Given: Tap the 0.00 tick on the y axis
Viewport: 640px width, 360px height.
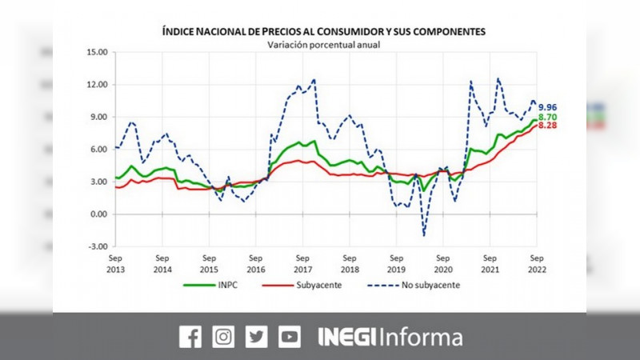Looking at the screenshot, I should pos(98,214).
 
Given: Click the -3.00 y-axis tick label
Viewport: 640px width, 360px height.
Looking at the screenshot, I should pos(97,246).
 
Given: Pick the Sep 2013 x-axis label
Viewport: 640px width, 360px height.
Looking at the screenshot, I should pos(115,264).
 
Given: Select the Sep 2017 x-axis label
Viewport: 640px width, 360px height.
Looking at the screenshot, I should pos(302,264).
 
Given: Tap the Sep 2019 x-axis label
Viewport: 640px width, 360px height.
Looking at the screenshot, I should pos(395,264).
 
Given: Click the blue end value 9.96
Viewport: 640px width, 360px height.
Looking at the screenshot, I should pos(547,107).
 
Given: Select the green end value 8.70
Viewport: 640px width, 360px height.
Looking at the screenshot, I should pos(547,118).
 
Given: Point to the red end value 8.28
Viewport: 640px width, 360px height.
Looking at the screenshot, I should pos(547,126).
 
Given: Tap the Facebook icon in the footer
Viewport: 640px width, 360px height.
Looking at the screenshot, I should pos(190,337).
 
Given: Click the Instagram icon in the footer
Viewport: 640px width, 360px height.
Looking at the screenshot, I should pos(224,337).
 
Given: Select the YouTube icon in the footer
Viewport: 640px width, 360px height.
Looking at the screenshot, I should pos(290,337).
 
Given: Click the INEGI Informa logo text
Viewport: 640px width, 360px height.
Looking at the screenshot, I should pos(390,337).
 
